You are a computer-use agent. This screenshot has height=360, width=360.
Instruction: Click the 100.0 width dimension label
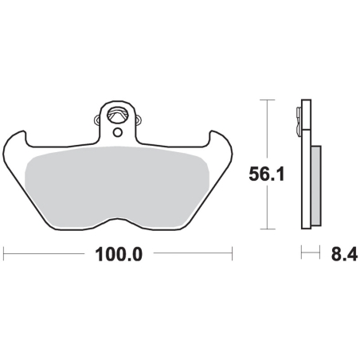[x=119, y=254]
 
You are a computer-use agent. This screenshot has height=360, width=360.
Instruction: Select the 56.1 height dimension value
[x=267, y=174]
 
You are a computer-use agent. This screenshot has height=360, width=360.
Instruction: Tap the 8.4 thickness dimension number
[x=344, y=254]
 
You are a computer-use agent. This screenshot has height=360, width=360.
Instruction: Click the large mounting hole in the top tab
[x=118, y=115]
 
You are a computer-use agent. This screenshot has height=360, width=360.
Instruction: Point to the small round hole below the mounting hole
[x=118, y=132]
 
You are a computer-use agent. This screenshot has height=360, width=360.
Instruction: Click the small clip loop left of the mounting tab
[x=97, y=119]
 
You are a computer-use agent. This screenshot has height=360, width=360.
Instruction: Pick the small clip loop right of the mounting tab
[x=139, y=119]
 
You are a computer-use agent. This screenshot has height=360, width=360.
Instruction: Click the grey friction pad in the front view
[x=117, y=186]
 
